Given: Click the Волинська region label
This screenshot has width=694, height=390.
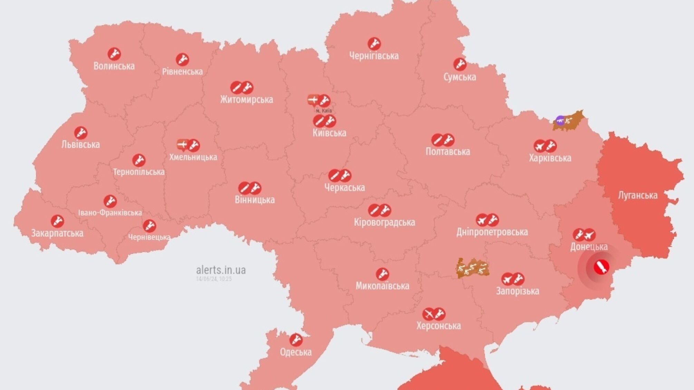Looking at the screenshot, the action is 114,66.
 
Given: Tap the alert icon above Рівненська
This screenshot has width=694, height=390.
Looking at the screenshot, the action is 182,60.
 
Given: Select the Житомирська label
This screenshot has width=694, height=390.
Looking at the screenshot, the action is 247,99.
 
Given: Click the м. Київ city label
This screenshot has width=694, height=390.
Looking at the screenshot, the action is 324,110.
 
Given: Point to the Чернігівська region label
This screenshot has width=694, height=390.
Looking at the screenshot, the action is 374,56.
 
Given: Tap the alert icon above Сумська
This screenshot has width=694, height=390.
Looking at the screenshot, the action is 460,65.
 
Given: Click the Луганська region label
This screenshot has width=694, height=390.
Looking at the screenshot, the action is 637,195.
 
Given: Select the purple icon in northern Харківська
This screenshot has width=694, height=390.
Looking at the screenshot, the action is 560,121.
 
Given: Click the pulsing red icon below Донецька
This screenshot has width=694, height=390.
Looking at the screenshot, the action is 601,267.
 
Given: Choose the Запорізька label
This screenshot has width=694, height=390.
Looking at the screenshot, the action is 517,291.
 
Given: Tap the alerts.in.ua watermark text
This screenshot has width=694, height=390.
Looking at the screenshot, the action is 221,270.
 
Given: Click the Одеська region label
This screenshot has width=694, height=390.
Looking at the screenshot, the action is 296,352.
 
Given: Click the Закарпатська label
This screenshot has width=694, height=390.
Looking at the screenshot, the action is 57,233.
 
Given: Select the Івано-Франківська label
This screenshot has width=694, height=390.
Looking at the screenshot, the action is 110,213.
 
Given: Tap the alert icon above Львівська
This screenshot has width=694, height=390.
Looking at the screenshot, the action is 81,133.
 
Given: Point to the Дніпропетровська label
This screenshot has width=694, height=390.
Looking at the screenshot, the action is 492,232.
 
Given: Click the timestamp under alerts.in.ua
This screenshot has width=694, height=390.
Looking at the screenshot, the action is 214,279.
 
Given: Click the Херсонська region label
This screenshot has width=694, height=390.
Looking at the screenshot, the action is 438,326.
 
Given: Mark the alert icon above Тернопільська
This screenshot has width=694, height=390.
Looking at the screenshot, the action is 139,160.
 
